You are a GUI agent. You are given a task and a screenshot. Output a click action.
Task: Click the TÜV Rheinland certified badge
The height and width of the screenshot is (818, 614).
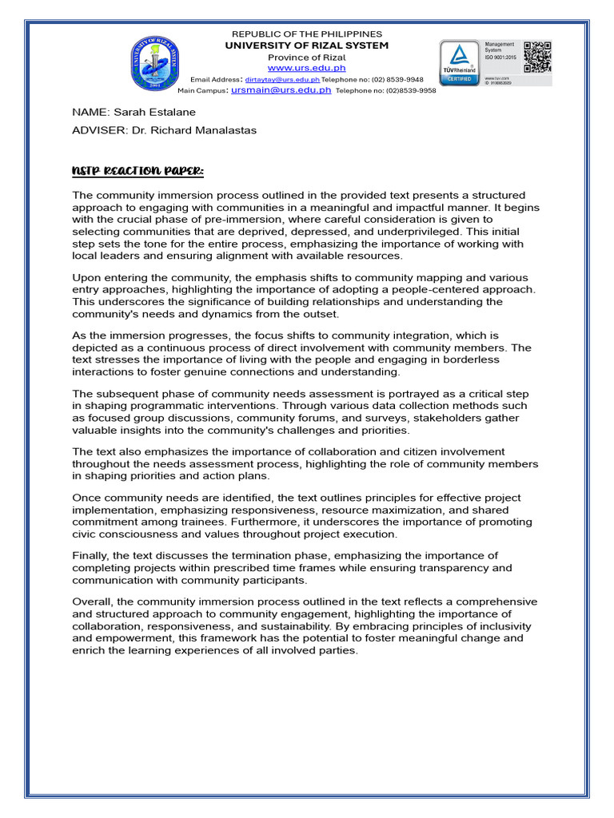coord(460,63)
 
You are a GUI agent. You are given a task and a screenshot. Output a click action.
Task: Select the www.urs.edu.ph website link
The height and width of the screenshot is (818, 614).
coord(306,69)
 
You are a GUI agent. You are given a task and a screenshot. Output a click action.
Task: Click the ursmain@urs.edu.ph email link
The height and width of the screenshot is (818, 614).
coord(281,90)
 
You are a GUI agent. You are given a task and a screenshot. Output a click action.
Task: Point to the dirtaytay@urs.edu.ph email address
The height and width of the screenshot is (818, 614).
coord(282,80)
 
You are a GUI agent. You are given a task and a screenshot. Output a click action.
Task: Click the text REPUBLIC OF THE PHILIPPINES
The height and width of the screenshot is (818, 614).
coord(306,34)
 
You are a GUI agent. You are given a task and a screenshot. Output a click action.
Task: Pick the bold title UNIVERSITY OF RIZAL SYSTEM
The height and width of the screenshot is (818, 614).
coord(306,46)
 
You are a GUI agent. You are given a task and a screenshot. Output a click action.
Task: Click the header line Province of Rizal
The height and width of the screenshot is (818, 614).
coord(306,58)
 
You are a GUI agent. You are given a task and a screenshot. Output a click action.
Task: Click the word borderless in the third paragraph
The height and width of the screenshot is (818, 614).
coord(472,359)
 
